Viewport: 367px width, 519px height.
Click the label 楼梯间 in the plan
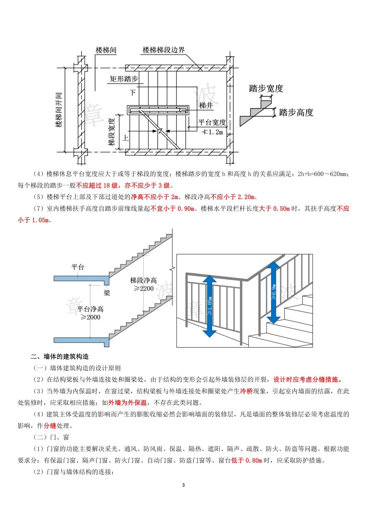tap(106, 50)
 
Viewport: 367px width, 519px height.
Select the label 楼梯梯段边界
tap(164, 50)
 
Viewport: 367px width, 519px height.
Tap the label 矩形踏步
tap(124, 79)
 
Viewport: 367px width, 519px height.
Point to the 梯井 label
tap(206, 105)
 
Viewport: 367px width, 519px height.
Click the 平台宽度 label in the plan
tap(212, 122)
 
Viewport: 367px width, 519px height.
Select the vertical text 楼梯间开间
tap(59, 110)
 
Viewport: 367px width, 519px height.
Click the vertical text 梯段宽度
tap(112, 130)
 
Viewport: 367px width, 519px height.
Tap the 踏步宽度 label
tap(266, 88)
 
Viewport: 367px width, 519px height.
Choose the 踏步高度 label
tap(296, 113)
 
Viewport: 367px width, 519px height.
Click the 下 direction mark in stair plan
tap(133, 93)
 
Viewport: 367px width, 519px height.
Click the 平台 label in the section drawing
tap(78, 267)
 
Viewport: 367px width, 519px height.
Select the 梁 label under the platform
tap(107, 293)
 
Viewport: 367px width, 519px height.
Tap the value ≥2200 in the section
tap(144, 288)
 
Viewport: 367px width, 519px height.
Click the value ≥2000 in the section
tap(90, 317)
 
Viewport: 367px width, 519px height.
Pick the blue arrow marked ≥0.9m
tap(274, 292)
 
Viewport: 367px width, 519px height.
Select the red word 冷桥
tap(246, 391)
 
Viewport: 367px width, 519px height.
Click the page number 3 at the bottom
tap(183, 485)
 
